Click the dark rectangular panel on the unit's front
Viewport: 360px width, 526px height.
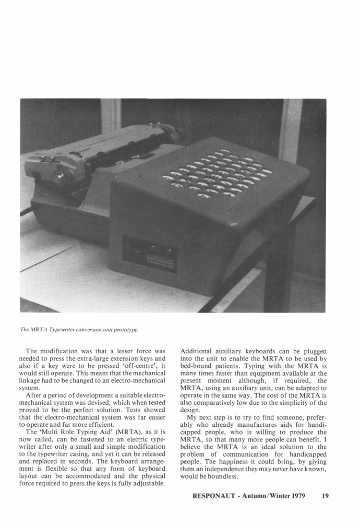coord(149,255)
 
